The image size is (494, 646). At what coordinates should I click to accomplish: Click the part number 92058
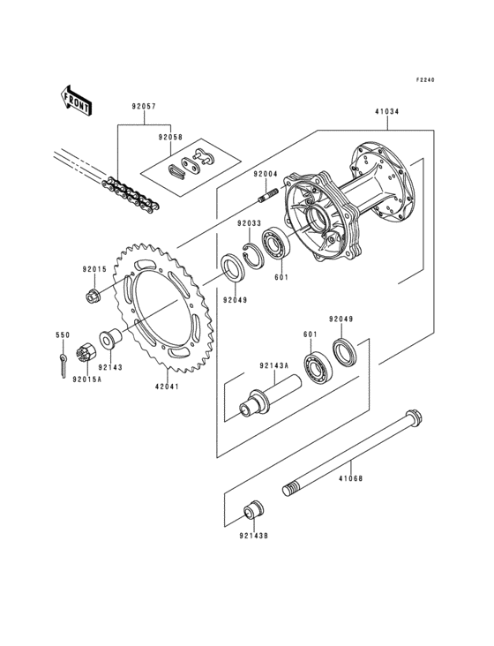[x=172, y=138]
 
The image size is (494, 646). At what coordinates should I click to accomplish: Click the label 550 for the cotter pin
[x=63, y=335]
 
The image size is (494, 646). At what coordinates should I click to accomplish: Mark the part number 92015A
[x=87, y=379]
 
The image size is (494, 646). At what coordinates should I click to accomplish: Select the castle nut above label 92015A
[x=87, y=350]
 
